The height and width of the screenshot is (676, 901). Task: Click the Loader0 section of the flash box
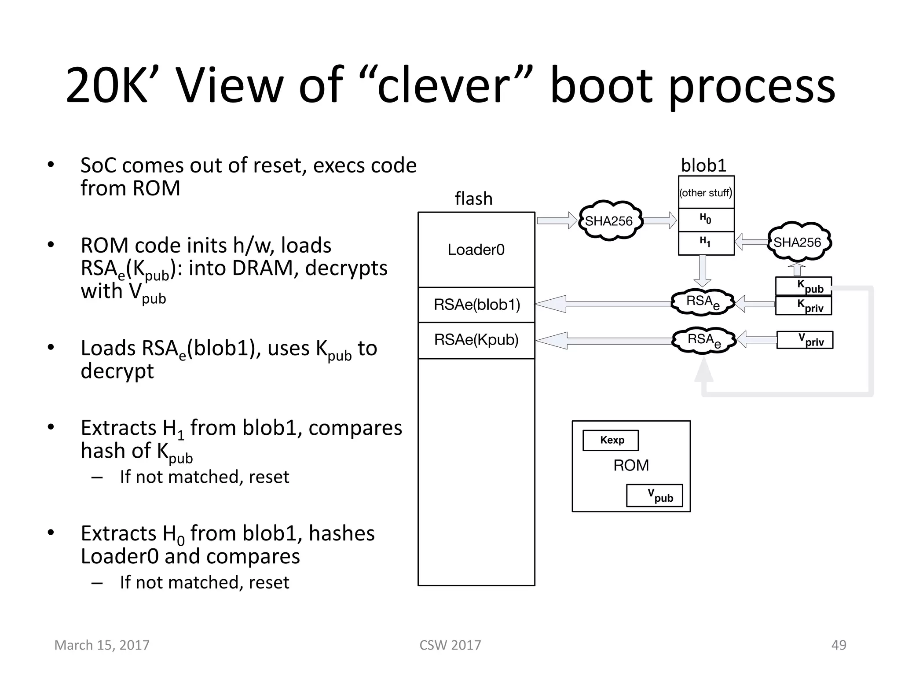(x=476, y=250)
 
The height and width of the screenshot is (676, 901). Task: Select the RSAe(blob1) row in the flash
(x=476, y=305)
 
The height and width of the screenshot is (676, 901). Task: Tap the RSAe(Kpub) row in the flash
(x=476, y=340)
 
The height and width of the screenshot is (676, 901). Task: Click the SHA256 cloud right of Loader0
(x=609, y=221)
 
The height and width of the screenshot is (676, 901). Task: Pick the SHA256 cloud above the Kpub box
(x=797, y=242)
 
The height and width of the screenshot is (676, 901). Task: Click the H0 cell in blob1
(x=706, y=219)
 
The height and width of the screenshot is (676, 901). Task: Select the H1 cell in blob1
(x=706, y=242)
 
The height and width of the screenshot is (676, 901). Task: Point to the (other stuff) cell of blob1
(x=706, y=193)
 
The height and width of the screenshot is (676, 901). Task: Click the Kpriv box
(x=803, y=305)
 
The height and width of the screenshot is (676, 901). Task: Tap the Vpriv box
(x=805, y=340)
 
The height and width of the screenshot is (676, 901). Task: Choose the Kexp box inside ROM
(x=611, y=440)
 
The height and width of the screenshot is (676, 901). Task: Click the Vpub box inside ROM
(x=655, y=496)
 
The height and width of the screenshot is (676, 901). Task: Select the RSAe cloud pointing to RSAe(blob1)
(x=703, y=302)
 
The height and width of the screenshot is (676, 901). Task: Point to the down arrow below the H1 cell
(x=703, y=271)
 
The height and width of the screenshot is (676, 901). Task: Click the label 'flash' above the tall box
(x=473, y=198)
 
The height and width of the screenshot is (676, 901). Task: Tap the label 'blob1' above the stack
(x=704, y=165)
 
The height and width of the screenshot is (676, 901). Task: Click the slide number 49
(x=839, y=645)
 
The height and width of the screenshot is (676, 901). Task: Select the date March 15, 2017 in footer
(x=102, y=645)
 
